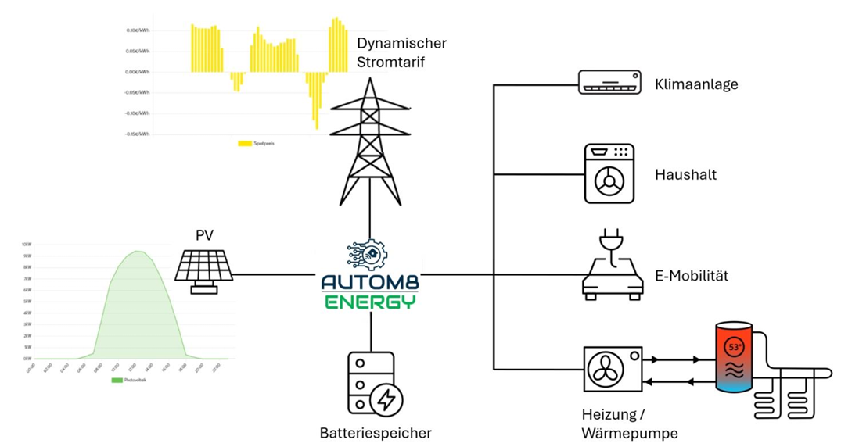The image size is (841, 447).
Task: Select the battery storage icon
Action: (375, 384)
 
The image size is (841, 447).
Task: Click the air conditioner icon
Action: (609, 82)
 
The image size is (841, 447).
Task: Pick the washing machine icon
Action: (609, 174)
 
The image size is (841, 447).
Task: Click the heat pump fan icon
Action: (613, 369)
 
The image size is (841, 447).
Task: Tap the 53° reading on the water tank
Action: (735, 346)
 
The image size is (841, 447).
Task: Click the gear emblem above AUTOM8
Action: (370, 255)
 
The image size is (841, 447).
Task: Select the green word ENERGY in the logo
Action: (370, 301)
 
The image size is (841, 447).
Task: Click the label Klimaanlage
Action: (695, 84)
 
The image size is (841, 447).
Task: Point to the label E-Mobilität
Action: (691, 276)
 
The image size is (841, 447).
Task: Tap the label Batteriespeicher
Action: (375, 432)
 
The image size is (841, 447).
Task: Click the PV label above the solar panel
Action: (204, 234)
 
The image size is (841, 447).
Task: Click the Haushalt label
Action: (685, 175)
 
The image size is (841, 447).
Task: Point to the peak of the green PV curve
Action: (137, 251)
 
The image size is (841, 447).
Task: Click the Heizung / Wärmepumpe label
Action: (629, 424)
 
